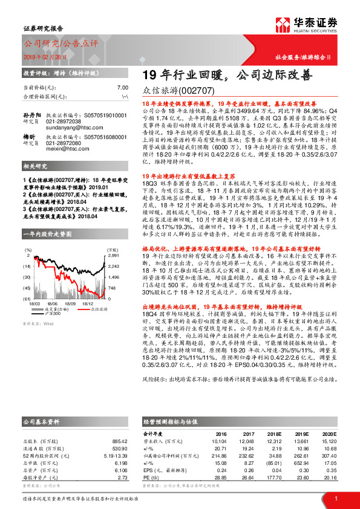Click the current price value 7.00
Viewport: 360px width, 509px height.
(123, 88)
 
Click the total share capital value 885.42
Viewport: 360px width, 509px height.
(121, 440)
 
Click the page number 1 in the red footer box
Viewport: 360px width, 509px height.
(336, 499)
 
